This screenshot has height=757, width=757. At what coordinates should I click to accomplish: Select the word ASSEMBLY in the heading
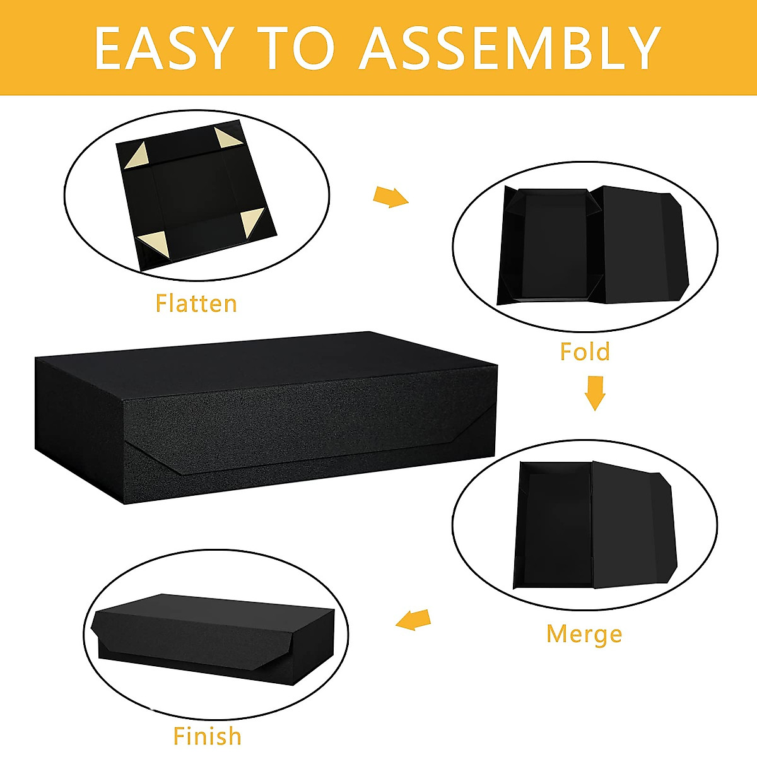point(509,49)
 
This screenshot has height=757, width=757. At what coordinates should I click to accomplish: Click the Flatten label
point(196,303)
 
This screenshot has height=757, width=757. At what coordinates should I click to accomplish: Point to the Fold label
point(585,351)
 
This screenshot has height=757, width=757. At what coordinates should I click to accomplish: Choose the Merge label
point(584,633)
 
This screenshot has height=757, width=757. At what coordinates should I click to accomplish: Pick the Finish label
point(207,736)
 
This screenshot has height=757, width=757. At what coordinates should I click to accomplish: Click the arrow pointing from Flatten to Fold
point(390,197)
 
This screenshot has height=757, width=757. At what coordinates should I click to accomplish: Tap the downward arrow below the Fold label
point(594,393)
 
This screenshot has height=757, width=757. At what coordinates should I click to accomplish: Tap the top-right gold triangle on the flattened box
point(225,139)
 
